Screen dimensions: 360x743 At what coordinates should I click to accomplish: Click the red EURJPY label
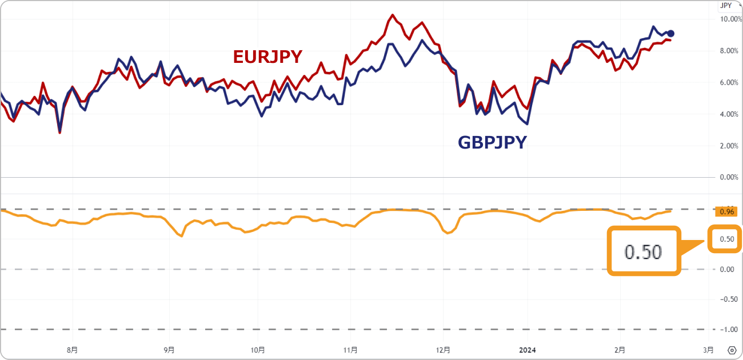(267, 57)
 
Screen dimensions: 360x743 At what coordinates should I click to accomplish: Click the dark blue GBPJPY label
(492, 142)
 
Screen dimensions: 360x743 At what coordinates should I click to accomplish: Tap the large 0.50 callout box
(644, 251)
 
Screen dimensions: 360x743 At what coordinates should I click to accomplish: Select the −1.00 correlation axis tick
(727, 329)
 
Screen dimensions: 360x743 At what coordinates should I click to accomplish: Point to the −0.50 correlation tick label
(727, 299)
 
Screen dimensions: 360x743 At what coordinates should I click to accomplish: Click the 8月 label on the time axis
(72, 350)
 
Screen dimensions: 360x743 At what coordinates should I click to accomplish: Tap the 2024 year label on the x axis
(528, 350)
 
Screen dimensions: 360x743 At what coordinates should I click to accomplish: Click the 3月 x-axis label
(708, 350)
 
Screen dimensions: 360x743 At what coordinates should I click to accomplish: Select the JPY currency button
(726, 6)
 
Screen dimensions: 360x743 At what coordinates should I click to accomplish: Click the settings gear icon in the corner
(732, 350)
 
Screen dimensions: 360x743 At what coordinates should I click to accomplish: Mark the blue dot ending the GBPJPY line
(671, 33)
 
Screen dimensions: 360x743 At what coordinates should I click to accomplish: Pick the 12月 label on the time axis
(443, 350)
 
